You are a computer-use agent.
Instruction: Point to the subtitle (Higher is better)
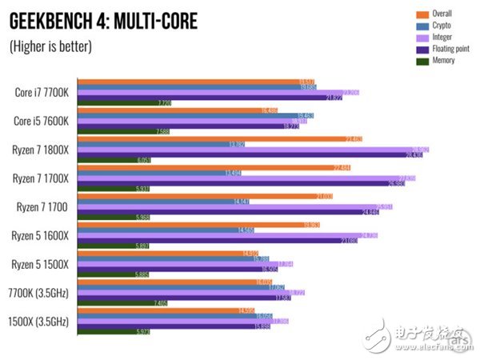tap(50, 46)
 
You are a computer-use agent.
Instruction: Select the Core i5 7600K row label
tap(42, 121)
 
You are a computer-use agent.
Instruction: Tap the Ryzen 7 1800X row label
tap(41, 150)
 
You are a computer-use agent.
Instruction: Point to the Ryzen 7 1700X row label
tap(41, 178)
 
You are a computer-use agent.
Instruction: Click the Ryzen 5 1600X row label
tap(41, 235)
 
